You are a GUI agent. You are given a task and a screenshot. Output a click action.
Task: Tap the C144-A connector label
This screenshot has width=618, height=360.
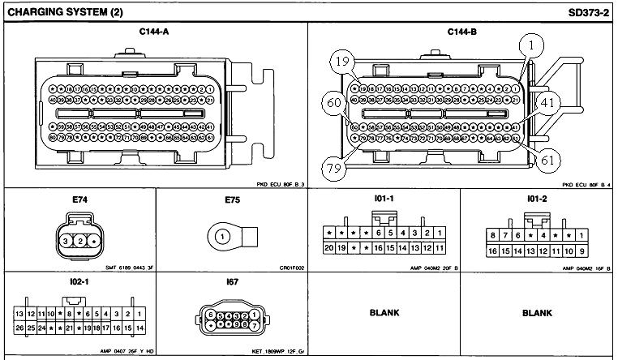(154, 32)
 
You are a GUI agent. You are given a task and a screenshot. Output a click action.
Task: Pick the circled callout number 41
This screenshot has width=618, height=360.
(547, 103)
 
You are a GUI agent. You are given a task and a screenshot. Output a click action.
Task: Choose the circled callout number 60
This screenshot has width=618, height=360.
(333, 104)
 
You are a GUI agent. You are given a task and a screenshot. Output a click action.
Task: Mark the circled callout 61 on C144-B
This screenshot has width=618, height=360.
(548, 161)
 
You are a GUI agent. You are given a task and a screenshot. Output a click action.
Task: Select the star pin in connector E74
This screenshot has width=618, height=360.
(96, 240)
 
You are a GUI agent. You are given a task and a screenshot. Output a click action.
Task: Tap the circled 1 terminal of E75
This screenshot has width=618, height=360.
(221, 237)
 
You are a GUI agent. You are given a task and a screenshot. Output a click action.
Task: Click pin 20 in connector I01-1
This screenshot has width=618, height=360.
(329, 247)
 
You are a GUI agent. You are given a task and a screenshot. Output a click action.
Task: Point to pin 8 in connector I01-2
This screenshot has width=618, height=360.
(491, 236)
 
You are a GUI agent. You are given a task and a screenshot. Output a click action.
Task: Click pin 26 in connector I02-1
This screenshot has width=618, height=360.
(19, 328)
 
